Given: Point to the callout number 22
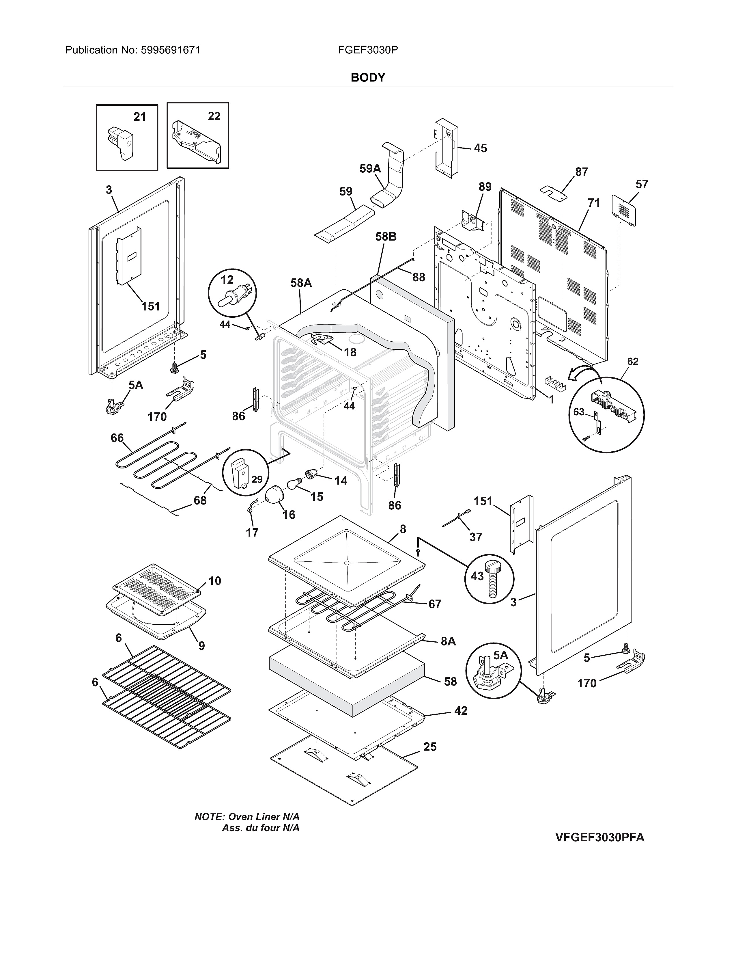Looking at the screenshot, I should click(x=214, y=116).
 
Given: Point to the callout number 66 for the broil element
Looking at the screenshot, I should click(x=117, y=438).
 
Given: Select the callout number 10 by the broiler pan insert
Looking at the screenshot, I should click(x=214, y=581).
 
